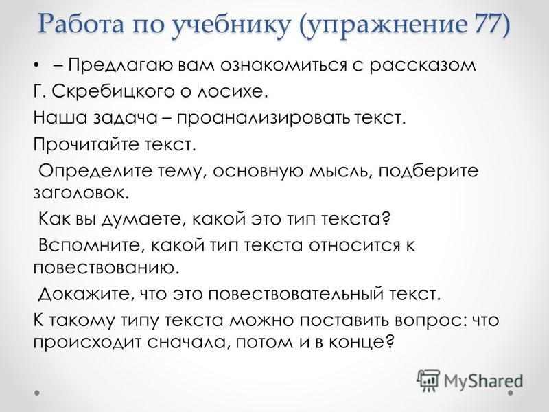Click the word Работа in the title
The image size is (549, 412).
[x=81, y=24]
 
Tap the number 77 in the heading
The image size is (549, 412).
[x=487, y=24]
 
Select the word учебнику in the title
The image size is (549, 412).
[x=231, y=26]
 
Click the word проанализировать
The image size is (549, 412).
[x=263, y=118]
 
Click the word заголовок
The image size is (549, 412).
[x=81, y=193]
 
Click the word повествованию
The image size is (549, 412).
[x=106, y=268]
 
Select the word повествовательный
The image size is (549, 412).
[x=296, y=294]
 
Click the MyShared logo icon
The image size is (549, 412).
[x=428, y=380]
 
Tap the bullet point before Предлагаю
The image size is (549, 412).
[x=36, y=66]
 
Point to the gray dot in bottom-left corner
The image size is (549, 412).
[x=37, y=393]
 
